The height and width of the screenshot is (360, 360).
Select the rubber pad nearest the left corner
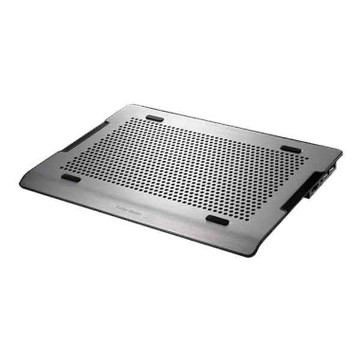[71, 178]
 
